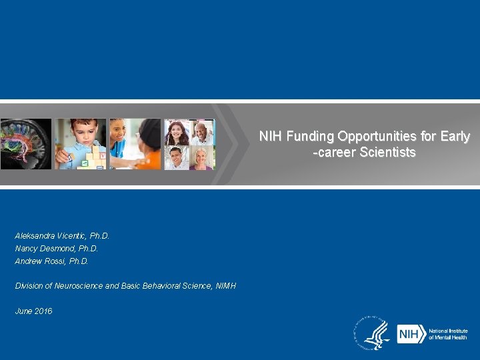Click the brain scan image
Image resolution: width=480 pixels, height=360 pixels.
[x=25, y=144]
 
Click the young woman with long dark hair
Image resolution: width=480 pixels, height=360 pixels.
[x=177, y=133]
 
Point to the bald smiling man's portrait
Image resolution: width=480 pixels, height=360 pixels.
[x=202, y=133]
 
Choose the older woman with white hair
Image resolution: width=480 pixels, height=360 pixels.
[x=202, y=158]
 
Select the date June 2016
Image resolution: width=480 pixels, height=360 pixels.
[x=33, y=311]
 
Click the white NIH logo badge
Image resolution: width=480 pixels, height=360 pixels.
[x=409, y=334]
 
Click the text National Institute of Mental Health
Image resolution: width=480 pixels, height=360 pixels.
[x=448, y=334]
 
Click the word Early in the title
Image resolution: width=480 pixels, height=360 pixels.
[x=455, y=137]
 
